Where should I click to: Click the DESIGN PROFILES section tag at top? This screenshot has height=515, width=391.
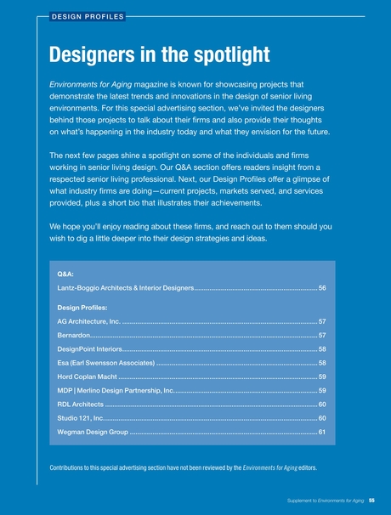88,15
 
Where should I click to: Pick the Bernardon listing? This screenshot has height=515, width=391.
75,336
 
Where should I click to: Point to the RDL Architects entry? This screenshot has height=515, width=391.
80,404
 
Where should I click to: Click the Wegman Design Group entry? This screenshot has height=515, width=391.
93,431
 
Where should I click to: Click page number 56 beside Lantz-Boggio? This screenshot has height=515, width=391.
322,289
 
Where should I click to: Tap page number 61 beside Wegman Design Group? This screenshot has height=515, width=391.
322,431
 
